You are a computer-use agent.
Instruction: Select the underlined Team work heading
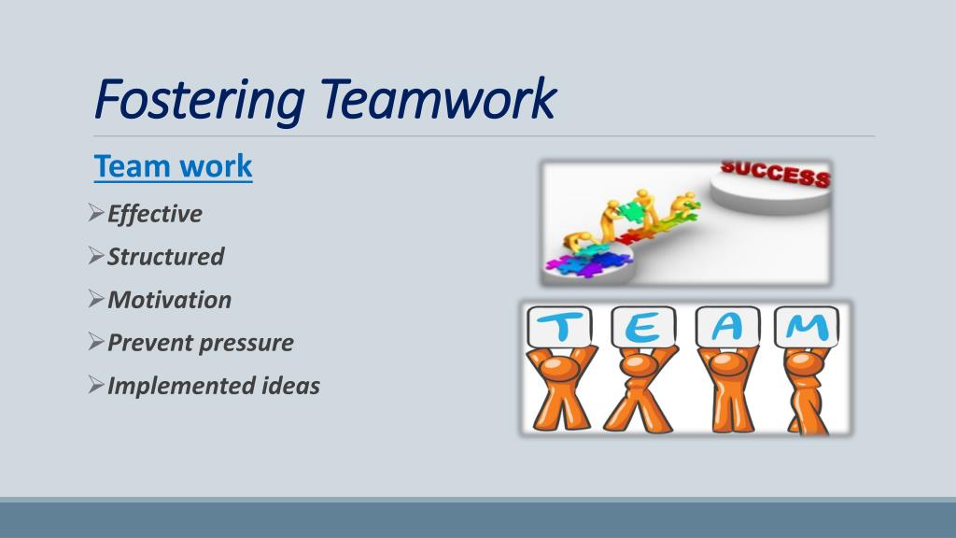pos(174,166)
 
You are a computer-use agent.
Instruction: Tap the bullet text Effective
pos(155,214)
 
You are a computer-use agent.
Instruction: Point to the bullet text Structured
pos(166,257)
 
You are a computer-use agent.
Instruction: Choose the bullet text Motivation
pos(170,300)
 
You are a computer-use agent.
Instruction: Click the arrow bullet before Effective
pos(96,214)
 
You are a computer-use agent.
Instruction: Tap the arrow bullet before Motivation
pos(96,300)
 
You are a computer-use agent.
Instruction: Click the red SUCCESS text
pos(775,174)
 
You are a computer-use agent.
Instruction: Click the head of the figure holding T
pos(560,360)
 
